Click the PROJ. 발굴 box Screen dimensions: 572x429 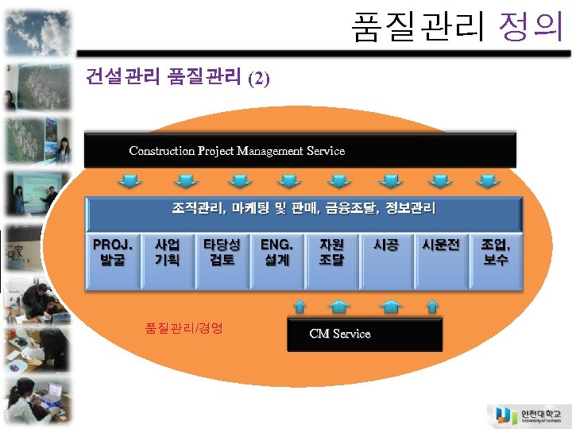coord(113,260)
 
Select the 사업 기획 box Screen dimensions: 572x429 coord(167,260)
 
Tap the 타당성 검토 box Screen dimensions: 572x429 coord(222,260)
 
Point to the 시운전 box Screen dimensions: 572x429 coord(441,260)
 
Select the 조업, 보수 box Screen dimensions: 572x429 coord(496,260)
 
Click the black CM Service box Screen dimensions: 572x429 coord(364,334)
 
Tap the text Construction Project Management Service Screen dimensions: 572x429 coord(237,151)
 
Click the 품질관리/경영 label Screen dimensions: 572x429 coord(184,327)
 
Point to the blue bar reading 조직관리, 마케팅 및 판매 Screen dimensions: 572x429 coord(304,211)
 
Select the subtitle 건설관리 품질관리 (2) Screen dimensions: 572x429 coord(178,78)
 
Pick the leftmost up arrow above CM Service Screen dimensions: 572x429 coord(301,306)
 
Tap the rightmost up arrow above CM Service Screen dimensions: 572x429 coord(432,306)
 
